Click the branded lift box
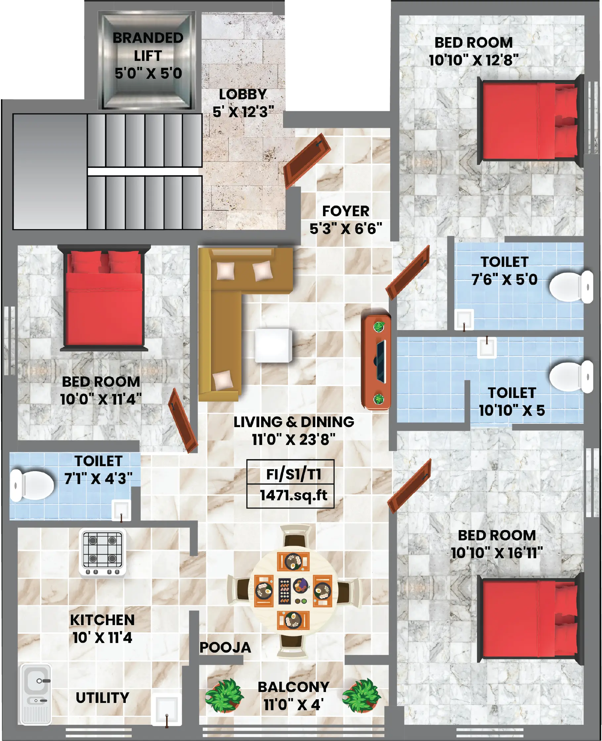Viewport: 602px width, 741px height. point(147,60)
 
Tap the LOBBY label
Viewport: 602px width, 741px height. point(243,94)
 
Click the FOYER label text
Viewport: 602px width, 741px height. point(346,211)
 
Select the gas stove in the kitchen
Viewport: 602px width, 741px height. point(103,553)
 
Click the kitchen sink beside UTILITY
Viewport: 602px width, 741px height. point(36,694)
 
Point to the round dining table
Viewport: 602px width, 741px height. point(293,591)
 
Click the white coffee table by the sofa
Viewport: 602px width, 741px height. point(273,345)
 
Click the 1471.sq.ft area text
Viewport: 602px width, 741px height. point(293,495)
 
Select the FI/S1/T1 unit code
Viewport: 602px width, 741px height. point(293,474)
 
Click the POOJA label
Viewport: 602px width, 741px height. point(225,647)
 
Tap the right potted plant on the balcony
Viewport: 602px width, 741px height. point(361,696)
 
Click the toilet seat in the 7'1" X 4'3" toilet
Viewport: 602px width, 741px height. point(32,485)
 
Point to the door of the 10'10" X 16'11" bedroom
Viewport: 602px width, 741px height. point(409,486)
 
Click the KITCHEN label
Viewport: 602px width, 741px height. point(102,620)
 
